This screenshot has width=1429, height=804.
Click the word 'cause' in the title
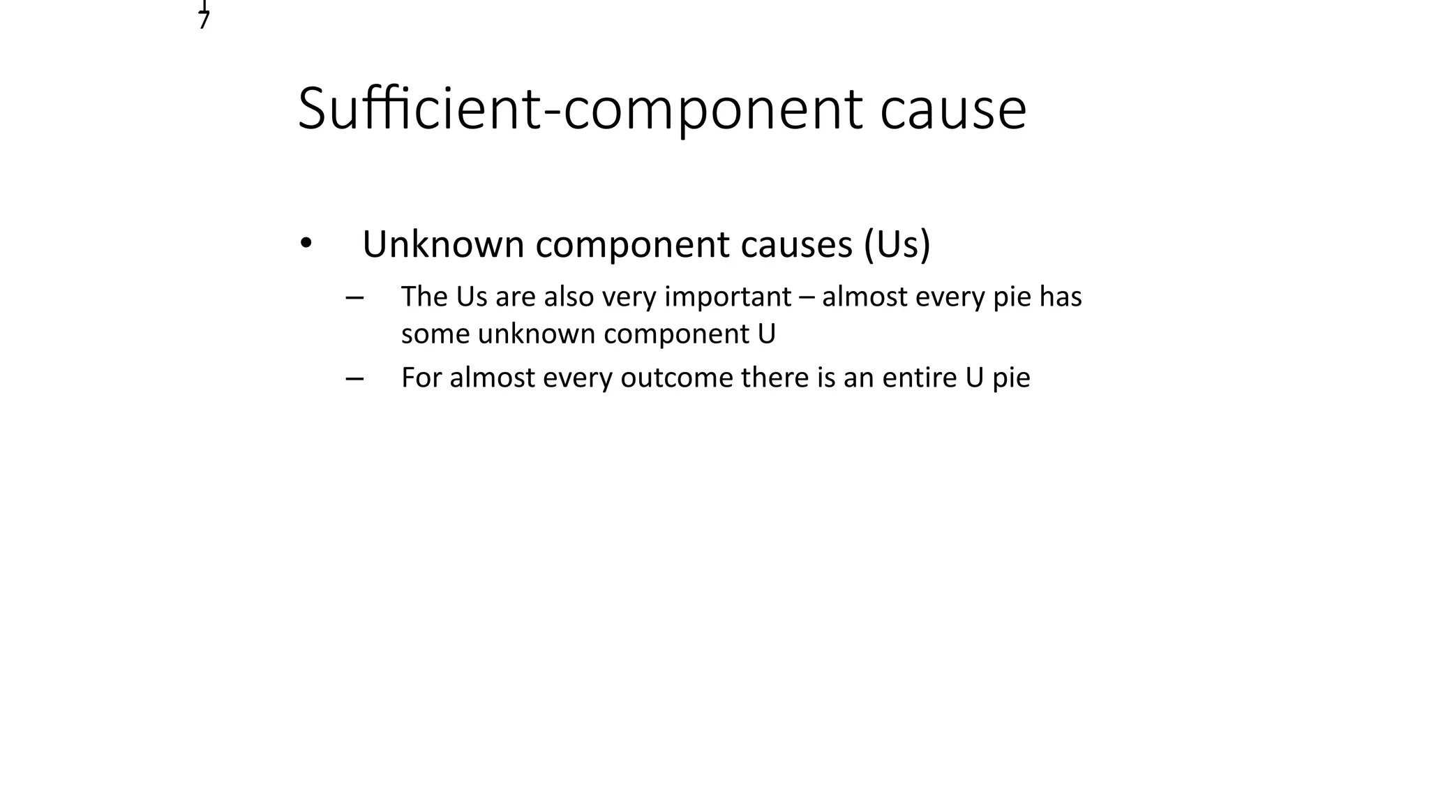(952, 110)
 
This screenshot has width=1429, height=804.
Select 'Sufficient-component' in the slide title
(580, 110)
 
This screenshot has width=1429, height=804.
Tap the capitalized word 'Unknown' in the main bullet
(443, 244)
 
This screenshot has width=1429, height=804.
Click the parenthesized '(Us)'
(897, 244)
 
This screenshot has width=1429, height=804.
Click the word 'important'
(728, 297)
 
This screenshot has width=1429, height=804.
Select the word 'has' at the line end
(1061, 297)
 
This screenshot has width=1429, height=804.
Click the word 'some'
(435, 334)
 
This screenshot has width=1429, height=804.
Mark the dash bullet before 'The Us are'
(354, 298)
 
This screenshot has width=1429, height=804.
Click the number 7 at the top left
(204, 21)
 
